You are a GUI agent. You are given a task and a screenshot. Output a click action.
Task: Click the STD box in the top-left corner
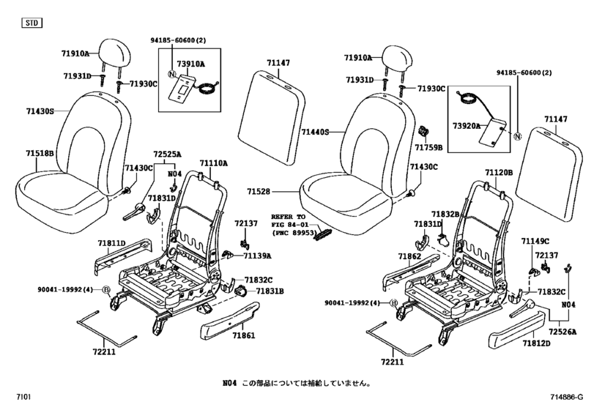coord(31,24)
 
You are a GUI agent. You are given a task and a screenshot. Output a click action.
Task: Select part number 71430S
coord(42,111)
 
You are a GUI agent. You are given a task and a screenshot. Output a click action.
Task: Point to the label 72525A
coord(167,154)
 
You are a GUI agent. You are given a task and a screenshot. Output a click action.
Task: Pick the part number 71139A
coord(257,256)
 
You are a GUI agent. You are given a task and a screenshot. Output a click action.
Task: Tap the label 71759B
coord(428,147)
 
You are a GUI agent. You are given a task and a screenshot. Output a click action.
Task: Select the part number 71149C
coord(535,241)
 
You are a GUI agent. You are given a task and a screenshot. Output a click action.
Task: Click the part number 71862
coord(409,257)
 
